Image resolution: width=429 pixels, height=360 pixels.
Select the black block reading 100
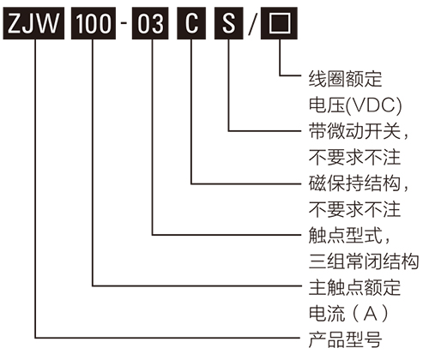(x=92, y=23)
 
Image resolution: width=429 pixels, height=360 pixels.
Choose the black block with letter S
(x=229, y=23)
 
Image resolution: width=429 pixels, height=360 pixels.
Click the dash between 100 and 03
(x=123, y=24)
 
